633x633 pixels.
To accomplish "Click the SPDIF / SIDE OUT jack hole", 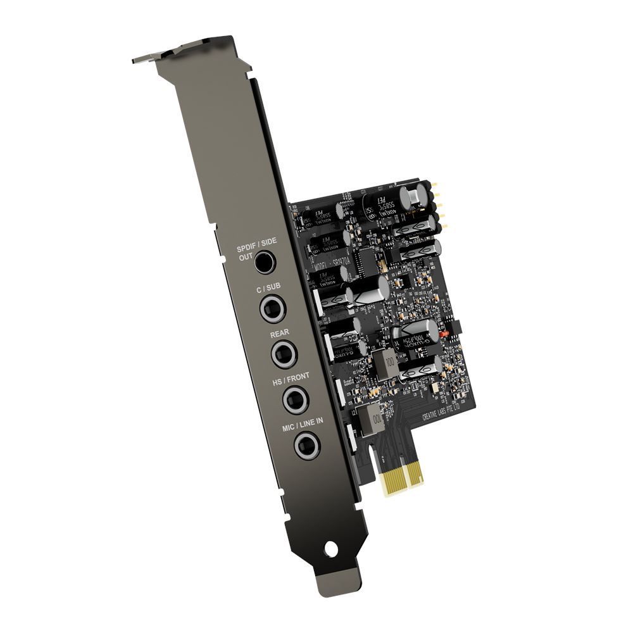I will point(265,261).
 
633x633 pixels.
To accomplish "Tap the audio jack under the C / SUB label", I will point(273,309).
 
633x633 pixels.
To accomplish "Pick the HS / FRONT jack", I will point(294,399).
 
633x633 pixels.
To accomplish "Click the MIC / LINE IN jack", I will point(307,446).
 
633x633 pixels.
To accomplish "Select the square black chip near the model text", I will point(367,258).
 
